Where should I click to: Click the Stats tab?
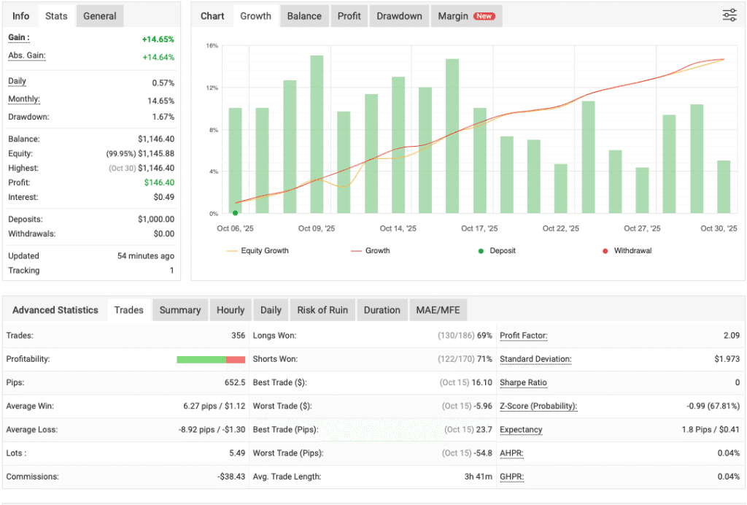click(56, 16)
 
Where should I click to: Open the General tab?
click(100, 16)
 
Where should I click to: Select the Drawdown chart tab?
click(399, 16)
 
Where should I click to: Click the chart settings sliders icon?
click(729, 15)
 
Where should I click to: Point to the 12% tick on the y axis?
click(212, 88)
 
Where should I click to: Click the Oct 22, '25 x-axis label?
click(560, 228)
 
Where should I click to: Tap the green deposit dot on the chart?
click(235, 213)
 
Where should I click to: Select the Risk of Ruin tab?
click(322, 310)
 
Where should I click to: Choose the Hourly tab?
click(231, 310)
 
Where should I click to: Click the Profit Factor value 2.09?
click(732, 336)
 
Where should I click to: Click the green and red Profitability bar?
click(211, 359)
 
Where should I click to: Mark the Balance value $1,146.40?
click(156, 139)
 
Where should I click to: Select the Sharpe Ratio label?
click(523, 382)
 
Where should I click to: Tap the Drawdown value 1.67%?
click(163, 117)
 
